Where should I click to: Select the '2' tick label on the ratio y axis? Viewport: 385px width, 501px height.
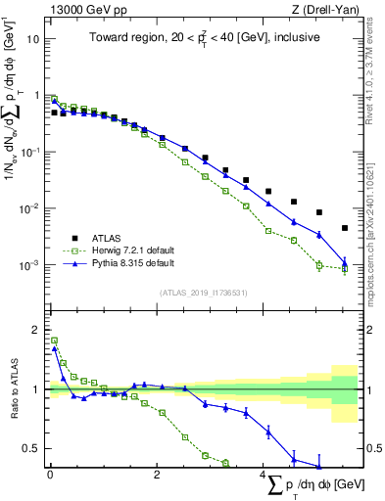click(x=35, y=329)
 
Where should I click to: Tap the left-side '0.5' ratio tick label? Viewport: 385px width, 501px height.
click(x=31, y=449)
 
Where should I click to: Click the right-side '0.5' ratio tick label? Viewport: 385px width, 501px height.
click(x=372, y=449)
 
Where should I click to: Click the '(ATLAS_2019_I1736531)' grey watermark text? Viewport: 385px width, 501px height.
click(x=204, y=292)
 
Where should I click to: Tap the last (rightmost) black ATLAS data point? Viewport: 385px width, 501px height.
click(x=344, y=228)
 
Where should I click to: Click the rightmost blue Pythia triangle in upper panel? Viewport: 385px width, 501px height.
click(x=344, y=261)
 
